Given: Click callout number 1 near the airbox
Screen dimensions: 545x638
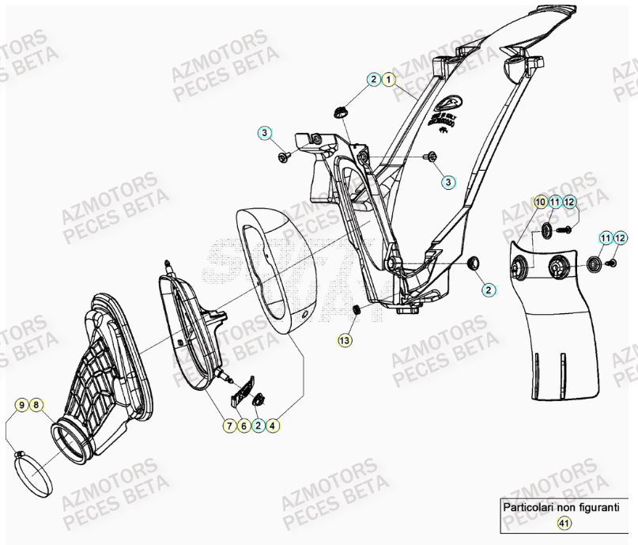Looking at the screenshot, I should point(388,79).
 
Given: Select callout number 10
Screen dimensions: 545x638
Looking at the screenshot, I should point(540,202).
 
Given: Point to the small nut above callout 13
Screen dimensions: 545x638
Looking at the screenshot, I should point(357,310).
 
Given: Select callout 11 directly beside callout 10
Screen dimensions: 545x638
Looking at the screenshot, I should point(555,202).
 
